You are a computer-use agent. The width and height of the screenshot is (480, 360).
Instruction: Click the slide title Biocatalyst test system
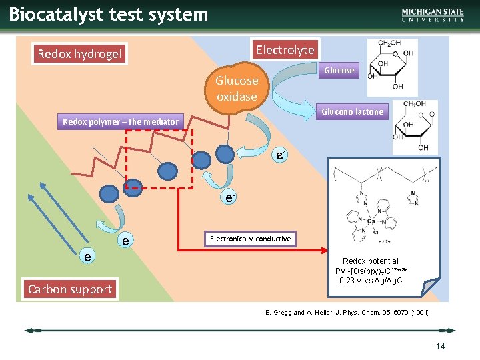click(x=109, y=15)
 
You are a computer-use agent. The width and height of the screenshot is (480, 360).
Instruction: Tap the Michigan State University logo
click(x=433, y=15)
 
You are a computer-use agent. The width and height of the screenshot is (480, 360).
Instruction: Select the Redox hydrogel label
click(x=80, y=54)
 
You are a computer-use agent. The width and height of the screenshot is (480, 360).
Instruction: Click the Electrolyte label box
click(x=285, y=49)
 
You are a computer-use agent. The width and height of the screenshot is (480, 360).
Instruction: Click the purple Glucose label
click(x=339, y=70)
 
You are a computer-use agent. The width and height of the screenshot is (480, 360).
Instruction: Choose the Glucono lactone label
click(x=352, y=111)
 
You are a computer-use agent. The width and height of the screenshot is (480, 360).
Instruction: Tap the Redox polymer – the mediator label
click(x=121, y=121)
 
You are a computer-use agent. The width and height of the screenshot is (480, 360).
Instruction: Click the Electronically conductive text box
click(x=250, y=239)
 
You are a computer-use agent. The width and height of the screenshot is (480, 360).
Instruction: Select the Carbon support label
click(x=69, y=289)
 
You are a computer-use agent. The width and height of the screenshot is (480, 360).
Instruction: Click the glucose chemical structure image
click(x=393, y=67)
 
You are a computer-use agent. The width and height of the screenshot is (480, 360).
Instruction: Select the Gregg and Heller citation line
click(x=344, y=312)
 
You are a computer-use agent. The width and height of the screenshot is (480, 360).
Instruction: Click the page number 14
click(x=440, y=346)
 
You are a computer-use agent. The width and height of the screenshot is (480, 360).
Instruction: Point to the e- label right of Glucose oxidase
click(x=281, y=155)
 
